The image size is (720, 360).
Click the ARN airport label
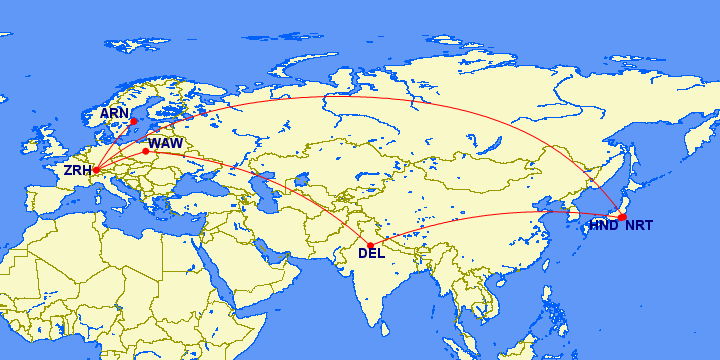[114, 114]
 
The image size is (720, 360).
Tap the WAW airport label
[166, 144]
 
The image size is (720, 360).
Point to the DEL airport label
[371, 253]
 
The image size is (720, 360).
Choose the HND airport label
[603, 226]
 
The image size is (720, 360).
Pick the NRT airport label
[639, 226]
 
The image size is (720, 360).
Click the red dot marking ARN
[133, 122]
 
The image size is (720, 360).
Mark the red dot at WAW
[146, 151]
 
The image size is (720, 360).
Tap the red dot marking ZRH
[96, 169]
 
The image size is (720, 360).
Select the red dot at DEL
[371, 244]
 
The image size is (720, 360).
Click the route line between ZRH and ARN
[114, 146]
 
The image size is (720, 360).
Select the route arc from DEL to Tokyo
[500, 215]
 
